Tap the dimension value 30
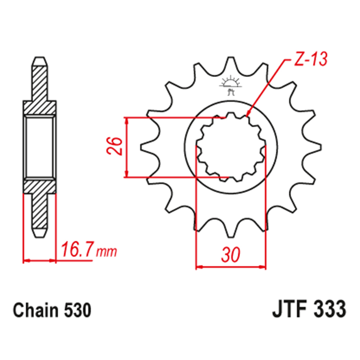pos(230,255)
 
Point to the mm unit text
pos(107,252)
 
